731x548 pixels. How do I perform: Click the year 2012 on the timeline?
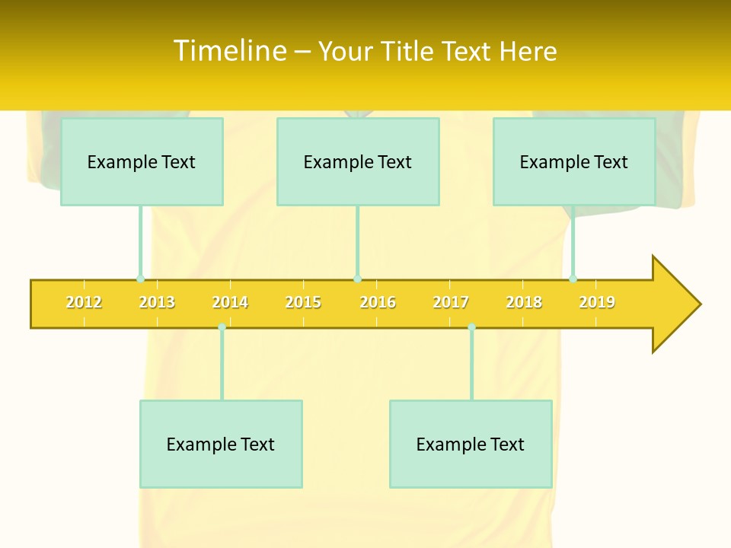click(84, 302)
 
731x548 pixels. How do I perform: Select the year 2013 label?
click(157, 302)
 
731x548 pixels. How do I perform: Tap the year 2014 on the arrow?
click(230, 302)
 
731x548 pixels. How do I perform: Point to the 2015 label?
click(303, 302)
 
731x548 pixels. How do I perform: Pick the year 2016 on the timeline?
click(378, 302)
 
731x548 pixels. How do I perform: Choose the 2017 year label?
click(451, 302)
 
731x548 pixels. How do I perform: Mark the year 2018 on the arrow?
click(524, 302)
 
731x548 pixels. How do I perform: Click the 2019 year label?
click(597, 302)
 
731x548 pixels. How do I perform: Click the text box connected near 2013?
click(142, 161)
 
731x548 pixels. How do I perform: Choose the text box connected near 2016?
click(358, 161)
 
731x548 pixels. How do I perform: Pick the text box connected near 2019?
click(574, 161)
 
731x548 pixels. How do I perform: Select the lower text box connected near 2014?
click(221, 444)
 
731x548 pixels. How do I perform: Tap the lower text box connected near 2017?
click(471, 444)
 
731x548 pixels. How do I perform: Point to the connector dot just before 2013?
click(140, 279)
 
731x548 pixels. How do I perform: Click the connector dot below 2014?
click(222, 327)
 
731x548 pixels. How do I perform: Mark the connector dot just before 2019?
click(573, 279)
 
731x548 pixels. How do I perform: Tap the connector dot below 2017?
click(471, 327)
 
